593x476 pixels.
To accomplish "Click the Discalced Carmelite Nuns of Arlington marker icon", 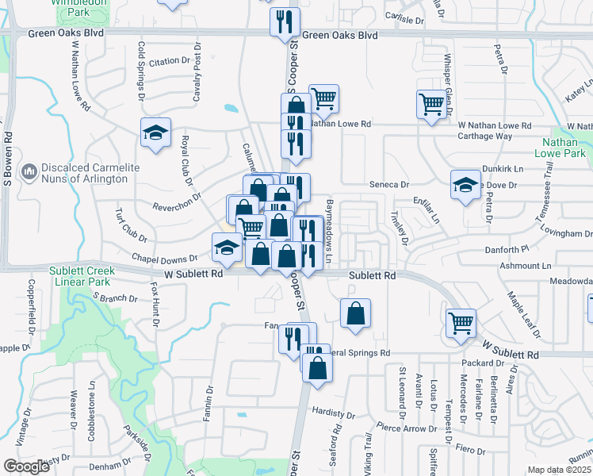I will click(x=29, y=171).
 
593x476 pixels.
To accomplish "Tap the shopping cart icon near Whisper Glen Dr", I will click(x=431, y=104).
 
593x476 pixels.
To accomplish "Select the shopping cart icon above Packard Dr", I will click(x=461, y=322).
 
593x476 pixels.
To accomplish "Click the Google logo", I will click(x=25, y=466).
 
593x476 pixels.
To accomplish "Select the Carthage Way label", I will click(x=484, y=136).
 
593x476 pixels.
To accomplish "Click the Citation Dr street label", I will click(x=170, y=61).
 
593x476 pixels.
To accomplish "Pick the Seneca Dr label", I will click(x=388, y=184).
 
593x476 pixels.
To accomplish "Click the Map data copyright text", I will click(x=558, y=470).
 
